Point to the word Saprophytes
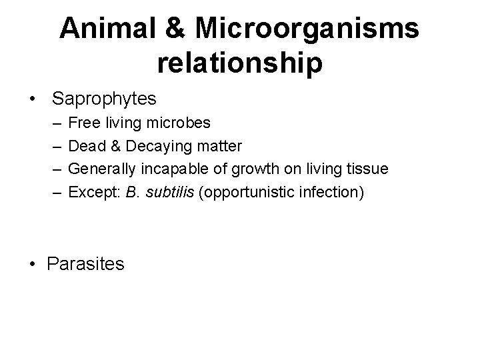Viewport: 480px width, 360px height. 104,99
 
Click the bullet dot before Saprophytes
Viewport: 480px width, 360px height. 32,99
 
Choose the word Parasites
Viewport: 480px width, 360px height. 86,264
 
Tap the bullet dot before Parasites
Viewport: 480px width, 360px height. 32,264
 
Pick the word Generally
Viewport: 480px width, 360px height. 101,169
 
